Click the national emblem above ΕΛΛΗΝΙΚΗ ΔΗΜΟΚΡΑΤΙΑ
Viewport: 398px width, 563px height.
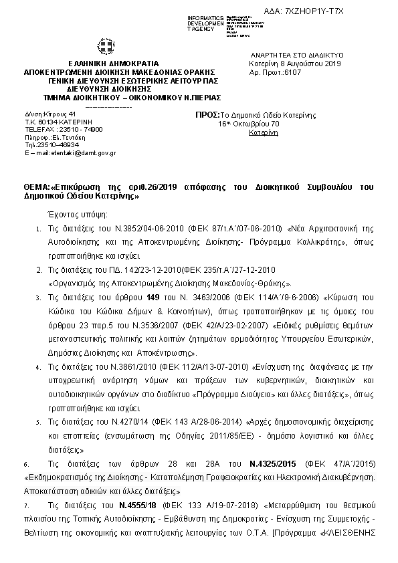pos(106,48)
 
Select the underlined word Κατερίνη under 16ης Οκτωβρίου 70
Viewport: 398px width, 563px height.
pos(263,133)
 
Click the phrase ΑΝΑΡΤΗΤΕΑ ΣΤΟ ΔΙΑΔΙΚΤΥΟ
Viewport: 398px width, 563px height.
pos(296,55)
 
